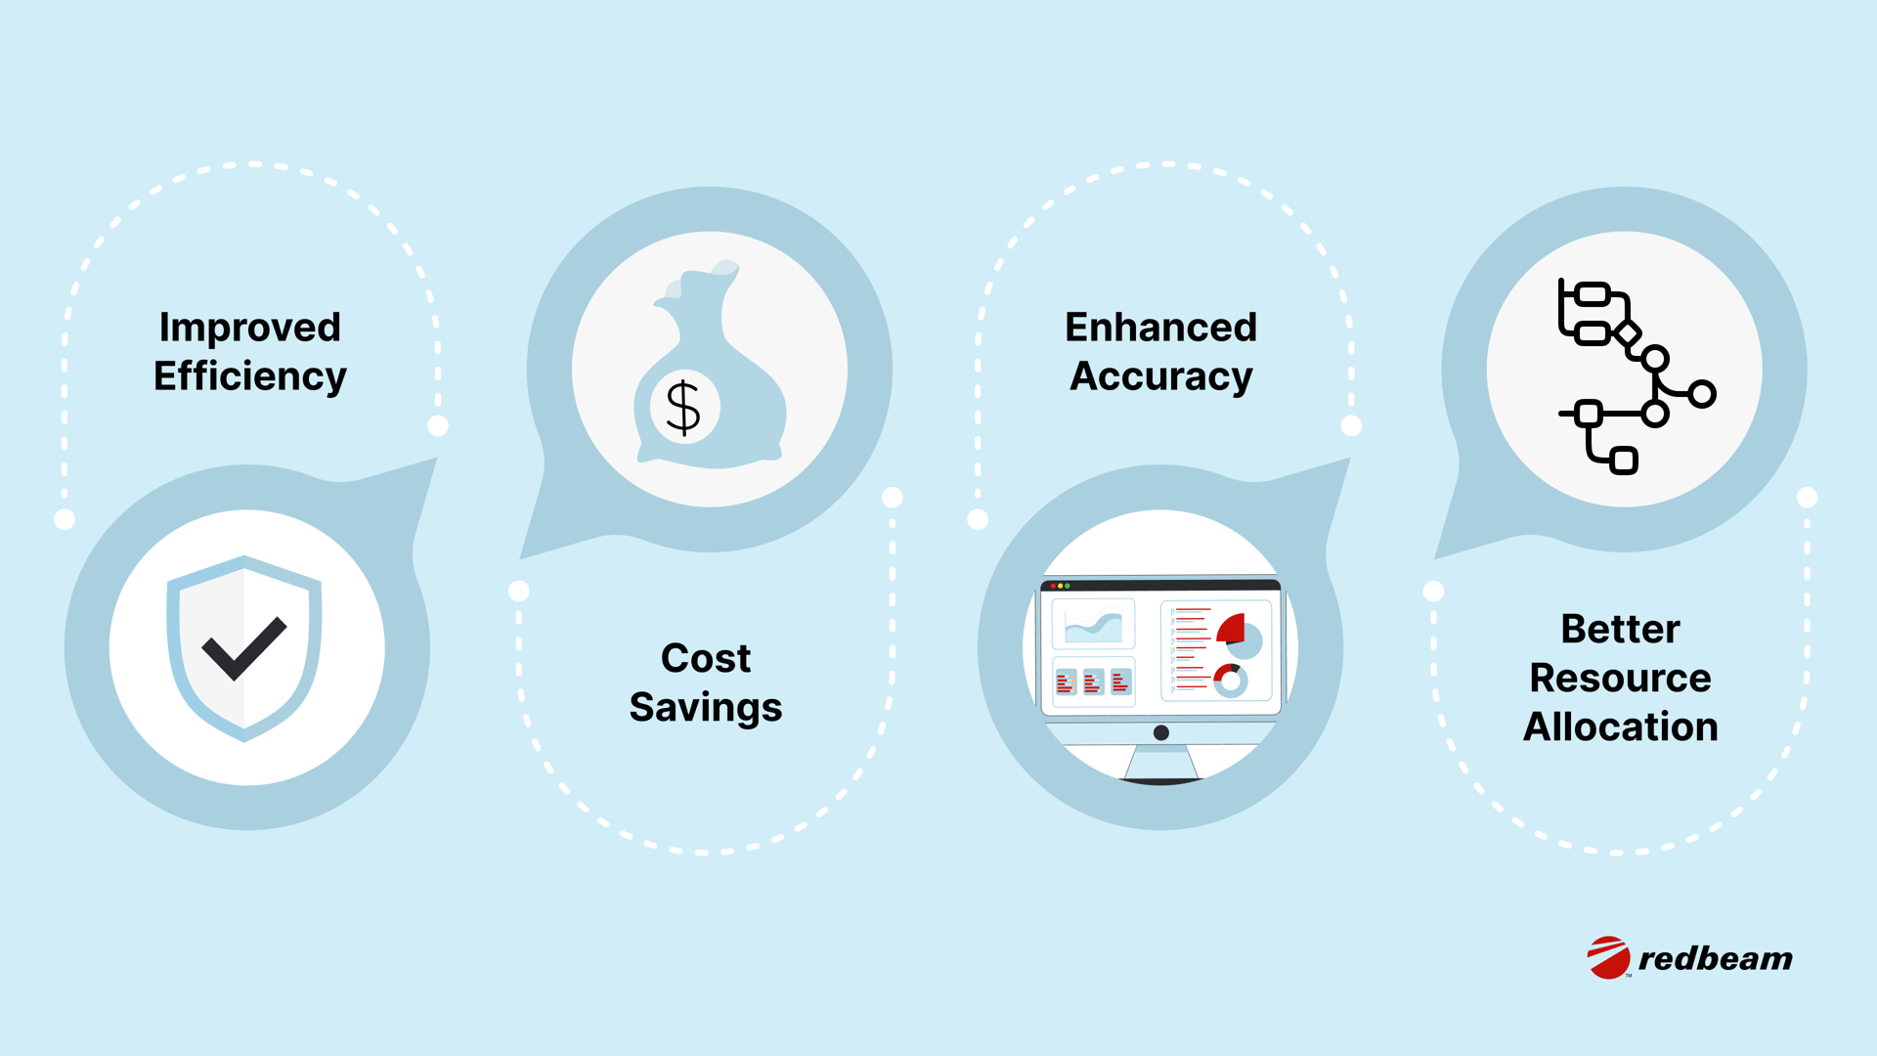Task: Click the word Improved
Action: (250, 329)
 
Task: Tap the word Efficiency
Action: (250, 376)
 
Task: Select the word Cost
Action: (706, 658)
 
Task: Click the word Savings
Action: (706, 708)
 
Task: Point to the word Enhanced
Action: (1160, 327)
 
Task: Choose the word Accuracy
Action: (1160, 376)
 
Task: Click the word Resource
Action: (1620, 678)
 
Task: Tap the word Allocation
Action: (1620, 726)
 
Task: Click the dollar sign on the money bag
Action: (683, 407)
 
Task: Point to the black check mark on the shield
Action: (243, 648)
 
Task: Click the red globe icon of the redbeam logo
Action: (1608, 957)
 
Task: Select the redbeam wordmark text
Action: (1716, 958)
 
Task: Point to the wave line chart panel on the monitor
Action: (1093, 624)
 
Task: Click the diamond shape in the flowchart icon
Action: (1627, 334)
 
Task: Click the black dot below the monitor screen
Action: (1161, 732)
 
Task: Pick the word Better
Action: (1620, 629)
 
